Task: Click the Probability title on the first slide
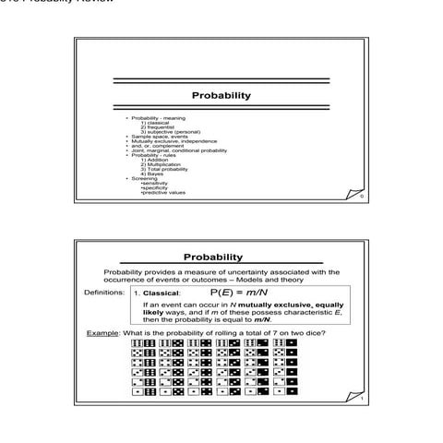tap(221, 96)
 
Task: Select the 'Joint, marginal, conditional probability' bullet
tap(179, 150)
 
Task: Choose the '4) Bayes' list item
tap(152, 174)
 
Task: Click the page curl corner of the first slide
tap(361, 195)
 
